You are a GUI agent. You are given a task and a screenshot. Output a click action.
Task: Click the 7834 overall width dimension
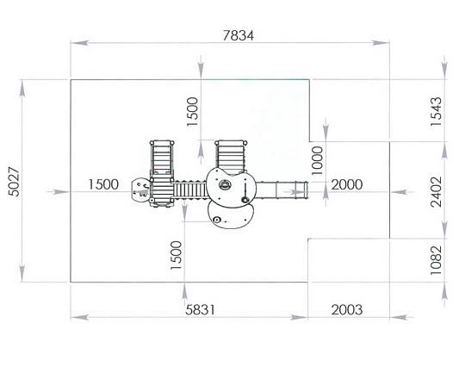click(238, 35)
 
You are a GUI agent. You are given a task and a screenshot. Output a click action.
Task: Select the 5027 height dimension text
click(14, 182)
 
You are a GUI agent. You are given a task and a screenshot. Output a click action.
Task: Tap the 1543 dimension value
click(436, 112)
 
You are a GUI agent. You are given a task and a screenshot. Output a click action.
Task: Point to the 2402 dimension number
click(436, 192)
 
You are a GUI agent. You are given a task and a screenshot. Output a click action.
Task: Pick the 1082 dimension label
click(436, 260)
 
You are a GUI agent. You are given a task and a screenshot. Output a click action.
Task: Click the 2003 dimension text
click(347, 310)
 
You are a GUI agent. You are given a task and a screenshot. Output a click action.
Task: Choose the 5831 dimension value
click(200, 310)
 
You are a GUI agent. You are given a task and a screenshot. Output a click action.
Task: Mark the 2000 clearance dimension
click(347, 184)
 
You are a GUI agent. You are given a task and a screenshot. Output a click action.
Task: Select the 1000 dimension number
click(317, 160)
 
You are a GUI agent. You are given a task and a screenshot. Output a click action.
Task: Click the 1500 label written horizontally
click(103, 184)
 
